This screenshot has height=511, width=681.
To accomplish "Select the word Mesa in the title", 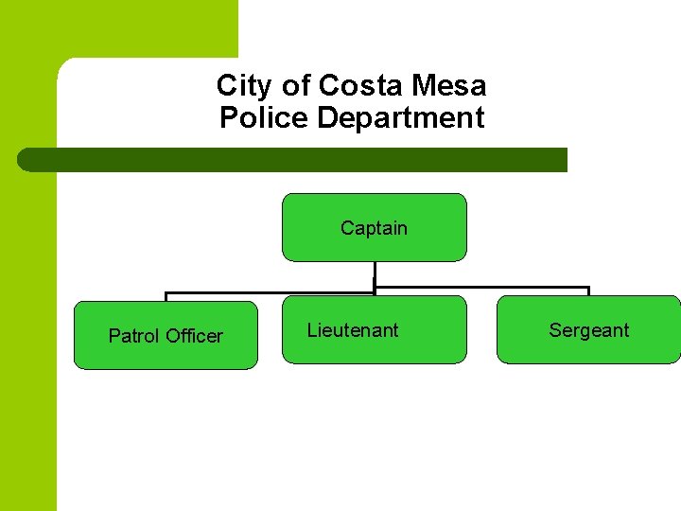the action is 449,86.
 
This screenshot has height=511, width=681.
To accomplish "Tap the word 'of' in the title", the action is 296,86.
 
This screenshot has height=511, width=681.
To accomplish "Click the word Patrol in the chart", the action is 134,336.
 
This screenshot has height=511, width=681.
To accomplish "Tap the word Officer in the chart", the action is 195,336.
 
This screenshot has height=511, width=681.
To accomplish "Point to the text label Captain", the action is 375,228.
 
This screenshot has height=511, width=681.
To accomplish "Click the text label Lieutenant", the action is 353,330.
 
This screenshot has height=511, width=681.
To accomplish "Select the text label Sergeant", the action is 588,330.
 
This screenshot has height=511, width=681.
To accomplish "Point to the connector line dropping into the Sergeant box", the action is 588,291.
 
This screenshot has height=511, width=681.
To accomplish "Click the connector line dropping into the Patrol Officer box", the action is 166,296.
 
